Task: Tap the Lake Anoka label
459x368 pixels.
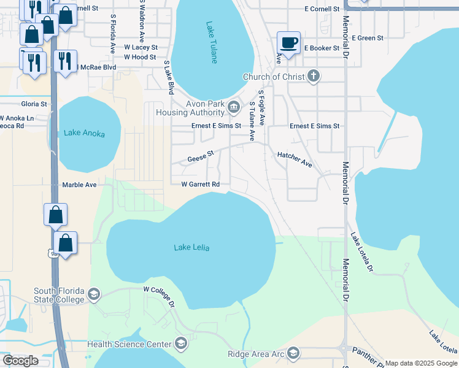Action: coord(84,134)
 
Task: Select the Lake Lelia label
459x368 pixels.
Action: coord(191,248)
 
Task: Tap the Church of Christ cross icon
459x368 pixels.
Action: coord(313,77)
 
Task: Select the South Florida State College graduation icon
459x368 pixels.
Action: coord(94,295)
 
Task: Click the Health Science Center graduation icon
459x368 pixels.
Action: coord(180,344)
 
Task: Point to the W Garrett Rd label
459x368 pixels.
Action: coord(200,184)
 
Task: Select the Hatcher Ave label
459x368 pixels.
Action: coord(295,160)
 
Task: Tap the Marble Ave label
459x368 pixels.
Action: coord(79,185)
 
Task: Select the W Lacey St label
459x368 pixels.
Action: coord(141,47)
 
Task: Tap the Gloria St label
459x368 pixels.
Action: coord(34,104)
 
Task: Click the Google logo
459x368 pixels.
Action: coord(20,361)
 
